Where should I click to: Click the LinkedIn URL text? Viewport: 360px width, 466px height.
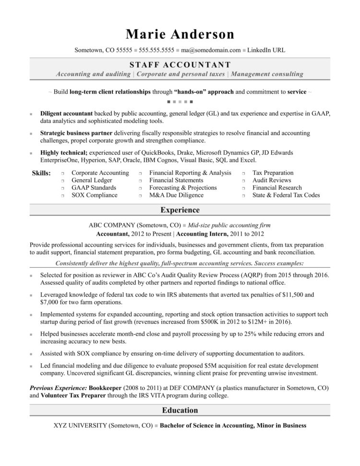266,49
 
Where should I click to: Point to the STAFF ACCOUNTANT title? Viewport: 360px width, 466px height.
180,64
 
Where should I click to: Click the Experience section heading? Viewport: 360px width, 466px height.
180,210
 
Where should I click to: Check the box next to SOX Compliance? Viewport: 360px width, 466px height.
63,196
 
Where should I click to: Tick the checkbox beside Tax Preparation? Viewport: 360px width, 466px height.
244,173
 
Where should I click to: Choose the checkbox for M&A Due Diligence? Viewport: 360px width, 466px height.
141,196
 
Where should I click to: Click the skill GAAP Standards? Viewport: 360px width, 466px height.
94,188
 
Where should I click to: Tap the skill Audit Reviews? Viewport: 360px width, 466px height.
273,180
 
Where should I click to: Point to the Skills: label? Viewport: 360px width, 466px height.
41,173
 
